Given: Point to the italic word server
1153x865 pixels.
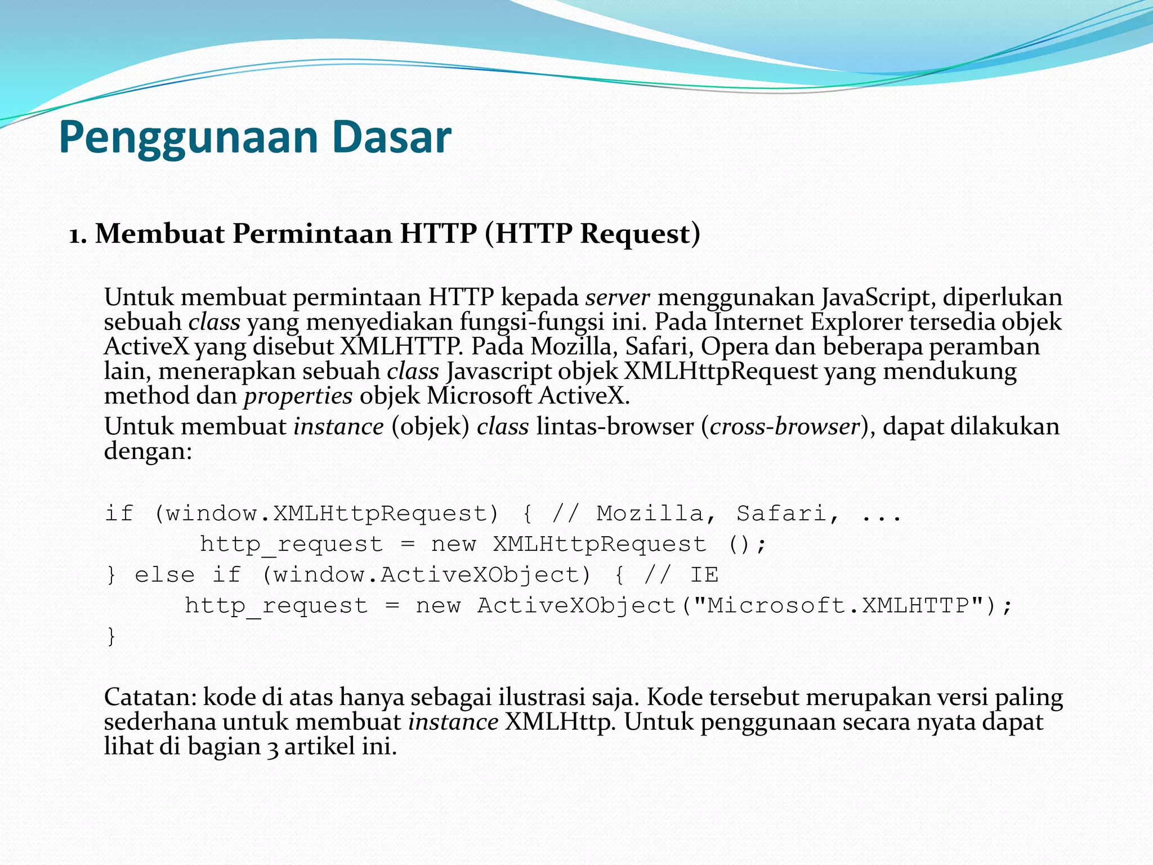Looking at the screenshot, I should point(617,297).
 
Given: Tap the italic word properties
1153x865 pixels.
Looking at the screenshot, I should point(298,396).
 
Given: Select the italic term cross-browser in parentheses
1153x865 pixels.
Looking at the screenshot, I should point(785,426).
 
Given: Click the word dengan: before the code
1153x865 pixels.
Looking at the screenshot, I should point(148,451).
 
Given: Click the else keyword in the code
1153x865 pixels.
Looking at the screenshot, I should point(164,575).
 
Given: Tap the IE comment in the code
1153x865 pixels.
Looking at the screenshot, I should point(704,575).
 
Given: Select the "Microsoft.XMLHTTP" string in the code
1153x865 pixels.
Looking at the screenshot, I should point(838,606).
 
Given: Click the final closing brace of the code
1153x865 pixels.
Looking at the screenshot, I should point(111,636).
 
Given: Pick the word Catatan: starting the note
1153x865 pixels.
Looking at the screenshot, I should point(150,698).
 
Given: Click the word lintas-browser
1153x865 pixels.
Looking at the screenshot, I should point(615,426).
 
